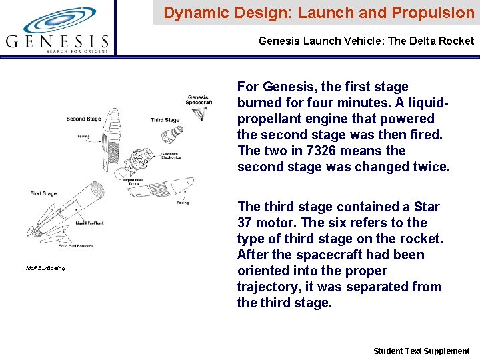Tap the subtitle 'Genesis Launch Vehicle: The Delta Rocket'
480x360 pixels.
366,41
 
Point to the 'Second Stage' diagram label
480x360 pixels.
83,119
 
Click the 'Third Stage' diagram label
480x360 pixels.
165,121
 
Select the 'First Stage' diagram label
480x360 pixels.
43,193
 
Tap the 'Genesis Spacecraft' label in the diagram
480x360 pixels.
199,100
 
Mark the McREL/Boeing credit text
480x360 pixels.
45,268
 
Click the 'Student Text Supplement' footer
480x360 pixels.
421,351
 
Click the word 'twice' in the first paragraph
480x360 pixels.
431,167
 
